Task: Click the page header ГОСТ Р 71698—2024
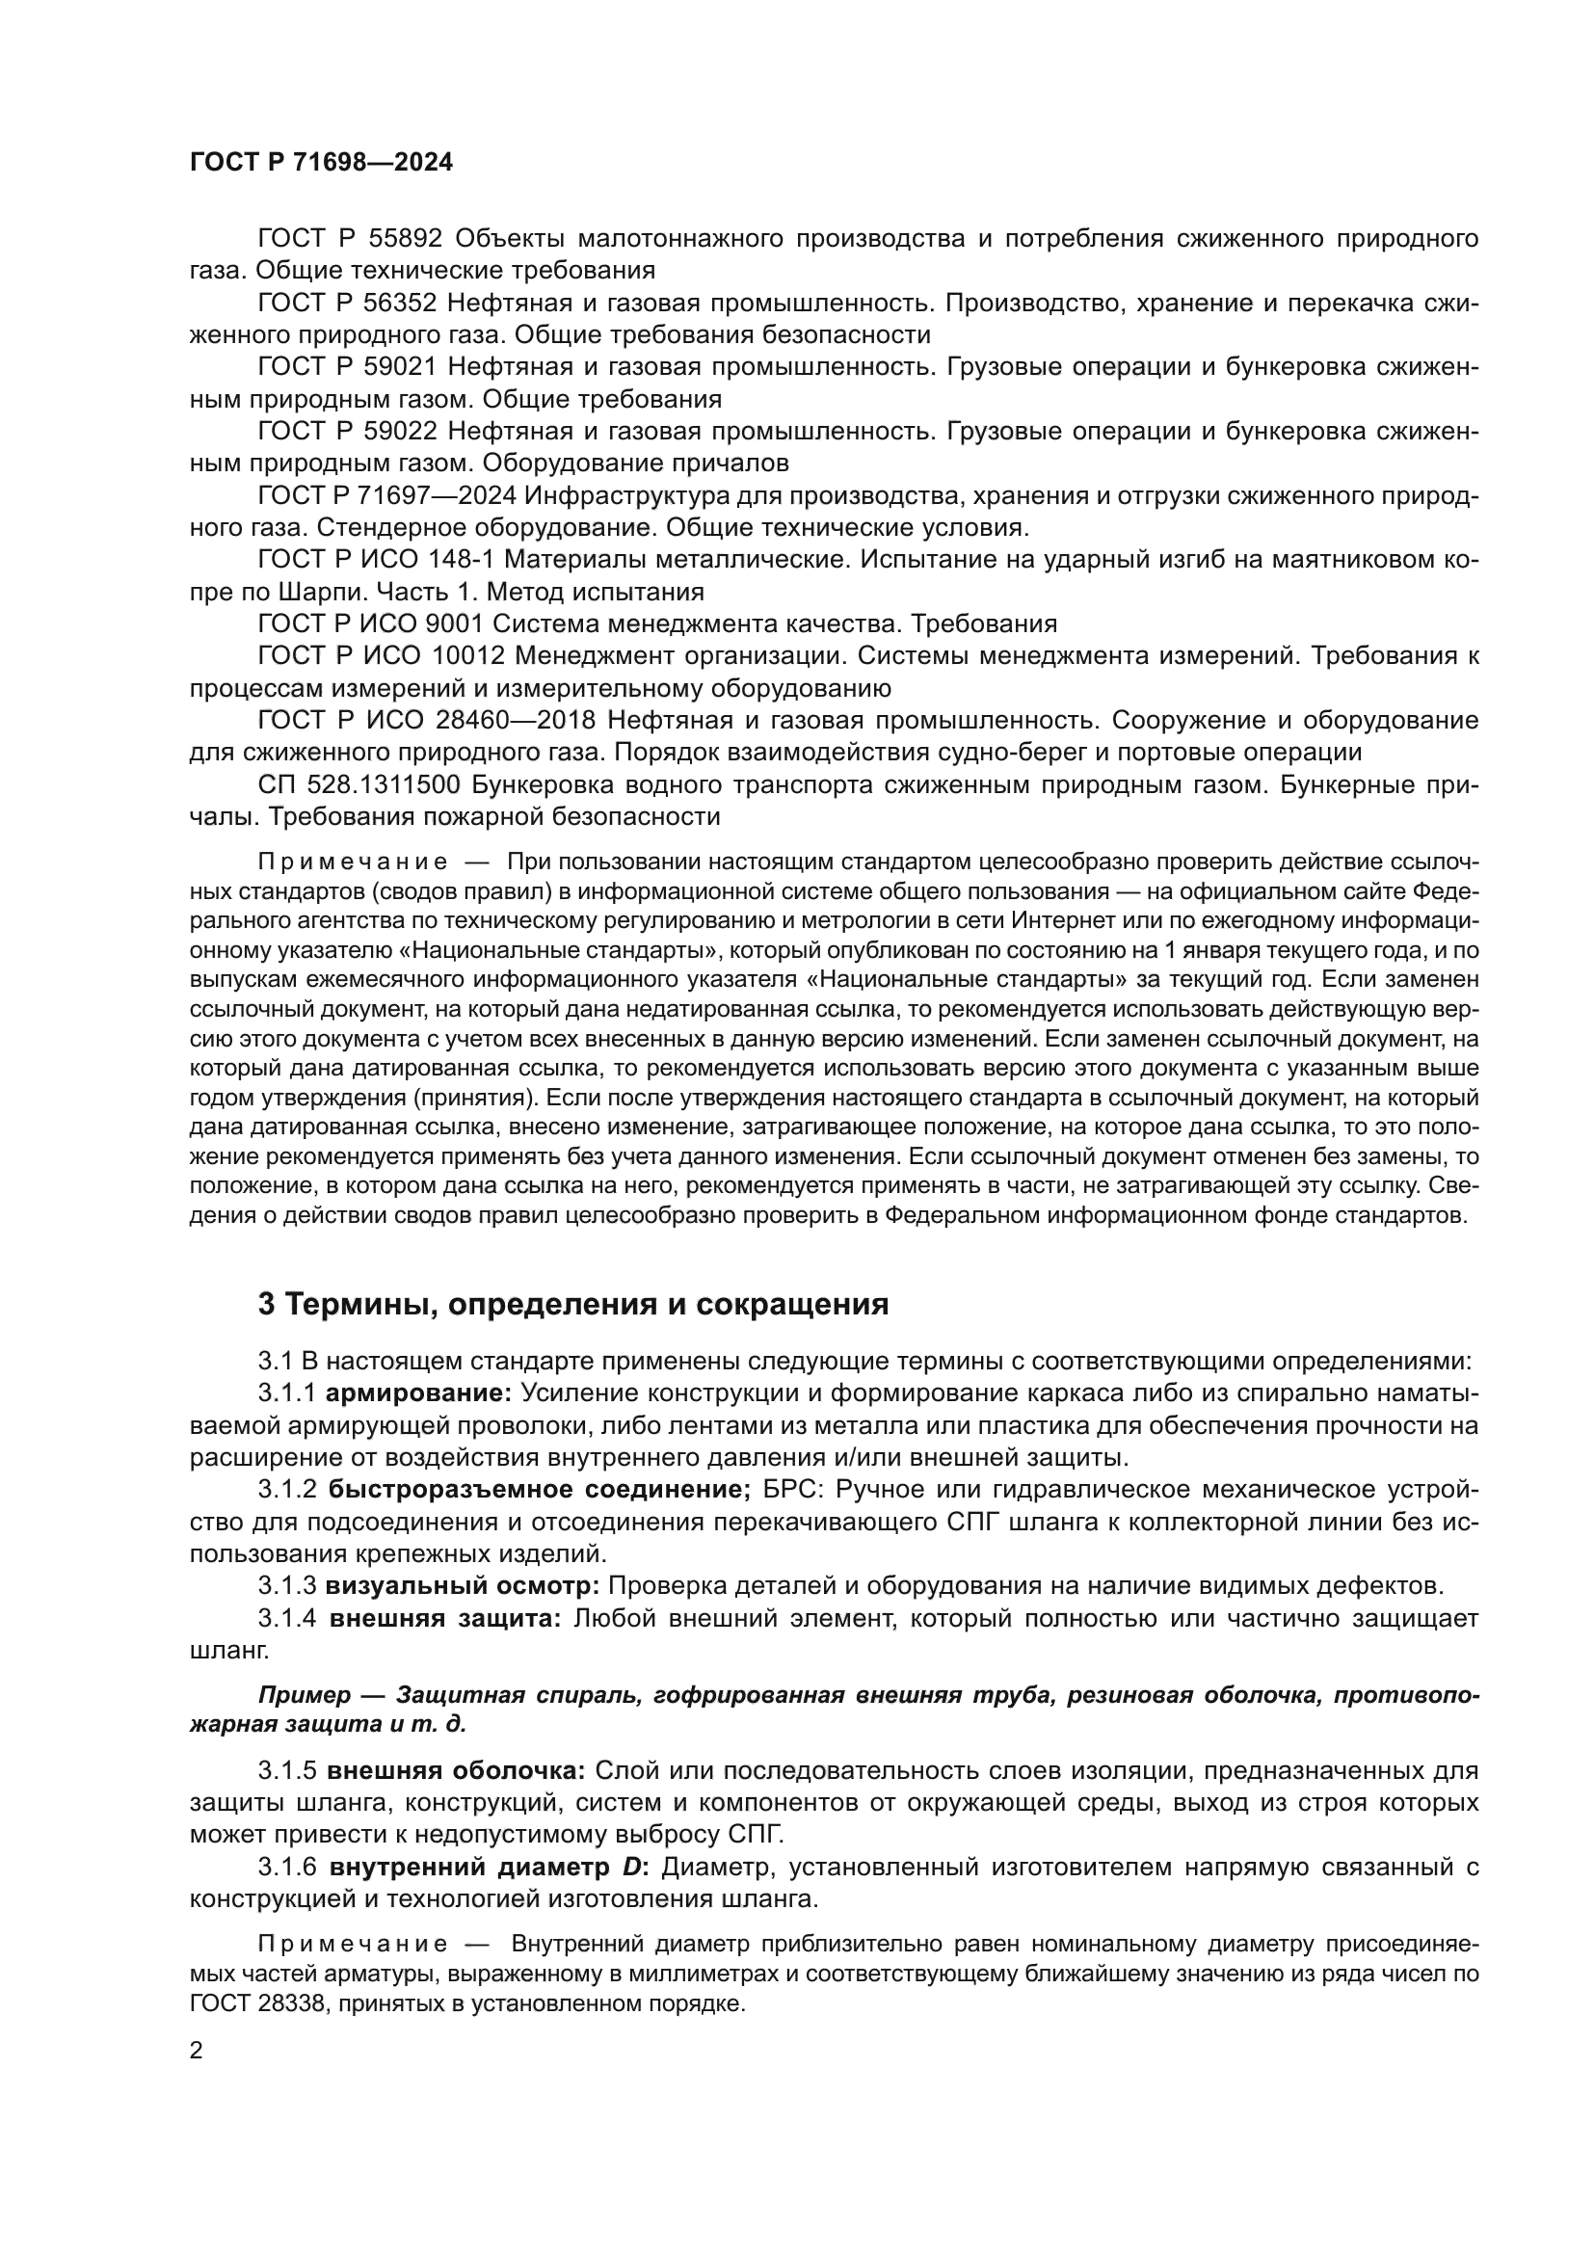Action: click(x=321, y=163)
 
